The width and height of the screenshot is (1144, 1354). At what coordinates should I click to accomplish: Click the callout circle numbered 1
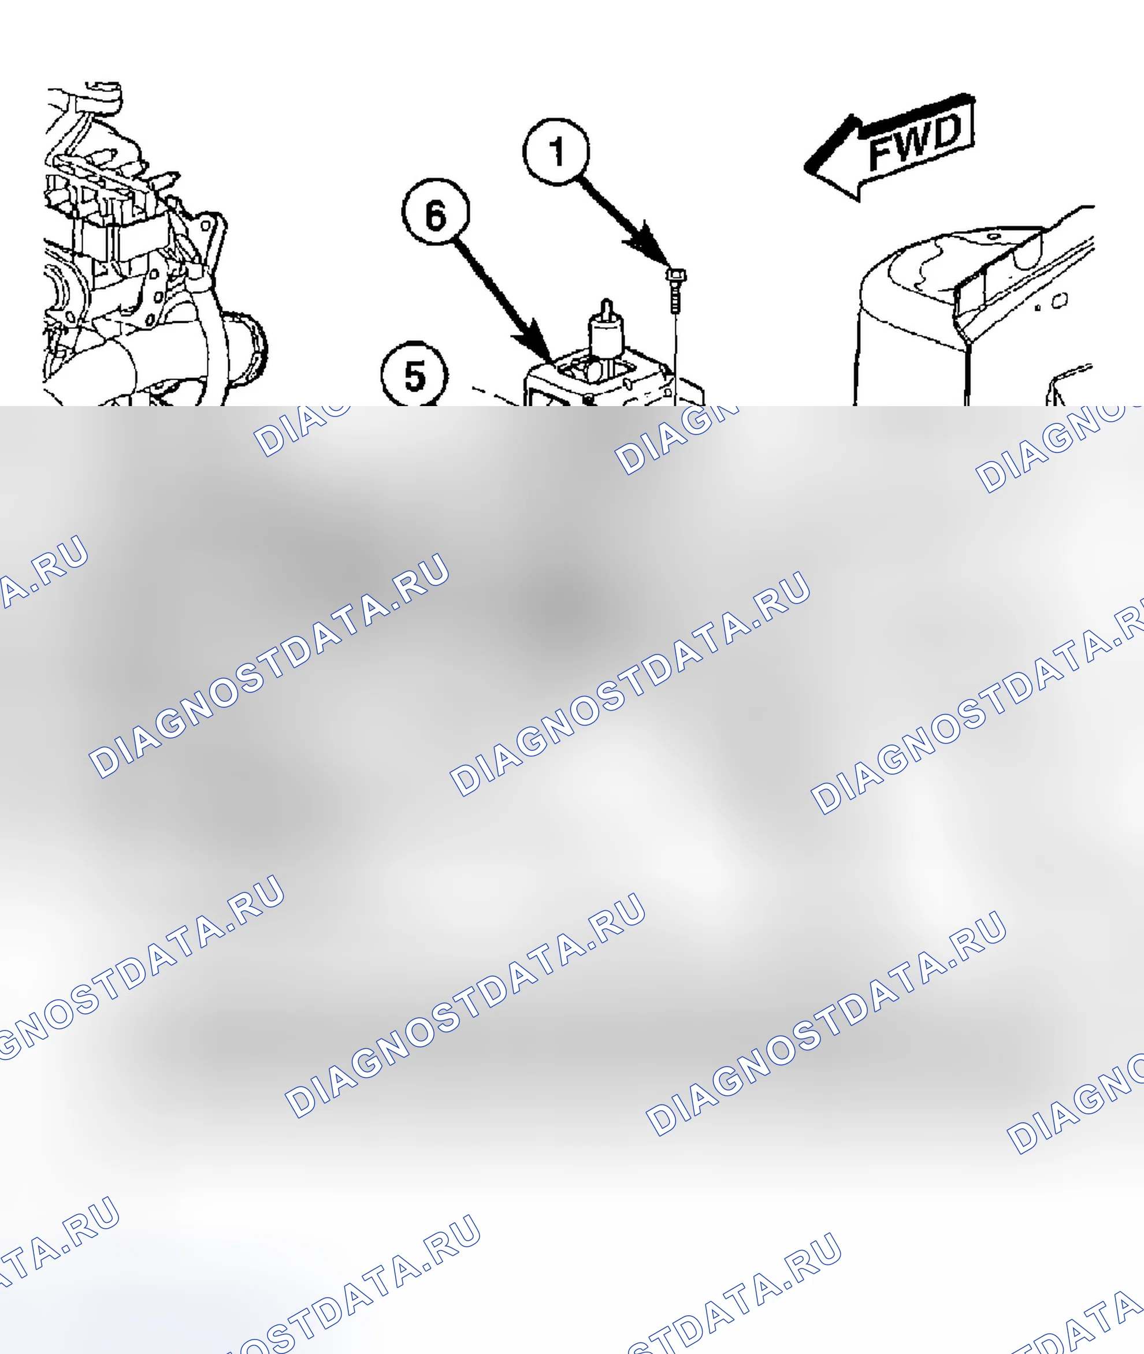[556, 151]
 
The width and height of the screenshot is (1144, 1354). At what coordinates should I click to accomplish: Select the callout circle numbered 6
[436, 212]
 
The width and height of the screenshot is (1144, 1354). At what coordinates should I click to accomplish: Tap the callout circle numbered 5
[414, 375]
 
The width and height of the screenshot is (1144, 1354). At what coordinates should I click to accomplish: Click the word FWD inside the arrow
[915, 143]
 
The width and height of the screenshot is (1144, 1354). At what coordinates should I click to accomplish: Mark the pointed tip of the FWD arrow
[805, 168]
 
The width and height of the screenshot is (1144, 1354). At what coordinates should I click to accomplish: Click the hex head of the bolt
[676, 276]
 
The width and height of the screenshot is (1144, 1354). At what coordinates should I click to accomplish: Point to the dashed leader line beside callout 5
[496, 396]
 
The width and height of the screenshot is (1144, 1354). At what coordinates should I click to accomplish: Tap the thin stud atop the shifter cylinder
[606, 308]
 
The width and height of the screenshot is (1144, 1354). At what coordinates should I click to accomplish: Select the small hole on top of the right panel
[993, 237]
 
